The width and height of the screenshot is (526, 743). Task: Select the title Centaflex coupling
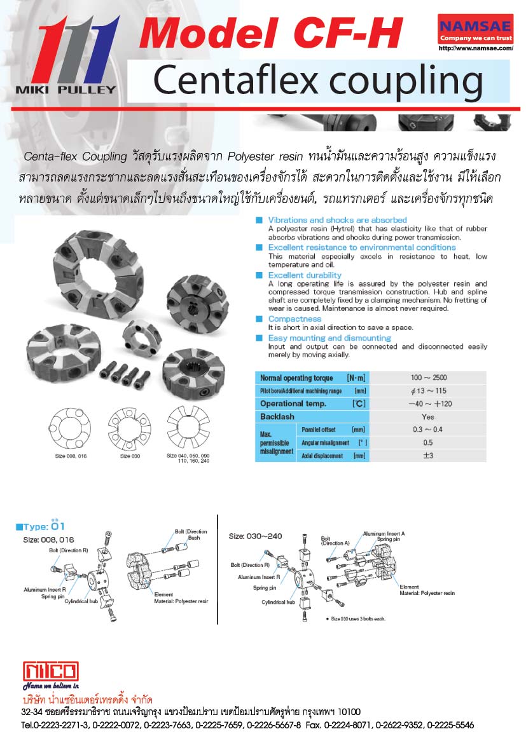(x=318, y=81)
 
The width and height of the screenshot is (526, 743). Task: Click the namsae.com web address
(x=476, y=48)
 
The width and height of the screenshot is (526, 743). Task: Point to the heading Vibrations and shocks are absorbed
(x=337, y=220)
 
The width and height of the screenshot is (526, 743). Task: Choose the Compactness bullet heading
(x=294, y=318)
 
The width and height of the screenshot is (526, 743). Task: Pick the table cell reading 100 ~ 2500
(x=428, y=378)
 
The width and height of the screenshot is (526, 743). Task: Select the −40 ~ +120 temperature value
(x=428, y=404)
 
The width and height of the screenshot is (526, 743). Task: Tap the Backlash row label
(x=277, y=416)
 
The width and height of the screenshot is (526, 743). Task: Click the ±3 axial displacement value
(x=428, y=456)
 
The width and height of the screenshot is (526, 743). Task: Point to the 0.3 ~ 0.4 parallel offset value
(x=428, y=430)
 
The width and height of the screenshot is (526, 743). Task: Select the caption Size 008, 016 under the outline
(x=70, y=456)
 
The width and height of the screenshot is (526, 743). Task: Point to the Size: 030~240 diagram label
(x=255, y=536)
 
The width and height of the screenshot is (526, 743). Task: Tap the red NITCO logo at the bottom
(x=51, y=671)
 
